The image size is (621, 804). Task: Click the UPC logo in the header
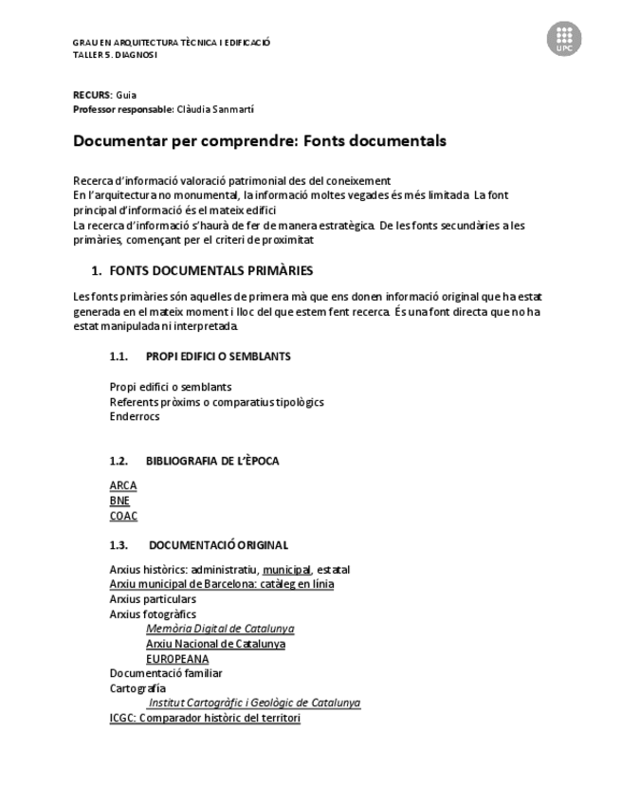564,39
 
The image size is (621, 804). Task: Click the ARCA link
123,485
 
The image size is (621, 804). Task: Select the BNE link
119,501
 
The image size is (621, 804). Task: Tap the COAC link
123,516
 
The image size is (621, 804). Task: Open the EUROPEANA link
177,659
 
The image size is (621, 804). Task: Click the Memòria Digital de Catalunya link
220,629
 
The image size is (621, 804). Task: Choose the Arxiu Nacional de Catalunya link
215,644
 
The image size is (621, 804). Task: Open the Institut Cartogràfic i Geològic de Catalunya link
254,703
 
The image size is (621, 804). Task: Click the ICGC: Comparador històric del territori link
205,719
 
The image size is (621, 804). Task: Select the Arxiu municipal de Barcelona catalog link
222,584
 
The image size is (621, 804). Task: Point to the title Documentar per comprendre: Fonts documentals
260,141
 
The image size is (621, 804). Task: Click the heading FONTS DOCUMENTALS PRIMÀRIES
210,271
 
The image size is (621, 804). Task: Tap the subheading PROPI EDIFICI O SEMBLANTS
218,356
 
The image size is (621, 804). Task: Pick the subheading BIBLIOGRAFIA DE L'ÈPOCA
212,461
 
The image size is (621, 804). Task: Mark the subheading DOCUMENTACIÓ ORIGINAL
218,545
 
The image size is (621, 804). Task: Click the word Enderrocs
135,416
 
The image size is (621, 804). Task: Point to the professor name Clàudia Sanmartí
215,110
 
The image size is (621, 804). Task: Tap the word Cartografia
137,688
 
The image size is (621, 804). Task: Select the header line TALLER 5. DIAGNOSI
115,54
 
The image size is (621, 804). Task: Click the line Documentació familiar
166,673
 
